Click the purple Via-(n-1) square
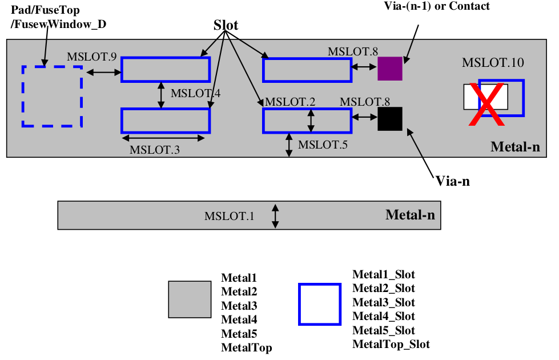tap(390, 69)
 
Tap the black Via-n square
tap(390, 119)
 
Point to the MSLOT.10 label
tap(492, 63)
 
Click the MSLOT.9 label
tap(92, 57)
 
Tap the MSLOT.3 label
tap(154, 150)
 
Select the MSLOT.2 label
tap(290, 102)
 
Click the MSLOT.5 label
tap(323, 145)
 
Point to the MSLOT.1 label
tap(229, 217)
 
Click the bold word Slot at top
tap(226, 25)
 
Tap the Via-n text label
tap(453, 181)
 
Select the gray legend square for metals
tap(190, 299)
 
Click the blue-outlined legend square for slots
tap(320, 305)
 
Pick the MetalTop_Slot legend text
tap(391, 344)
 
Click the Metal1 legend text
tap(239, 278)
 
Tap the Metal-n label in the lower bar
tap(410, 215)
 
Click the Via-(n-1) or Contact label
tap(438, 6)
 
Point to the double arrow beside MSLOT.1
tap(275, 217)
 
